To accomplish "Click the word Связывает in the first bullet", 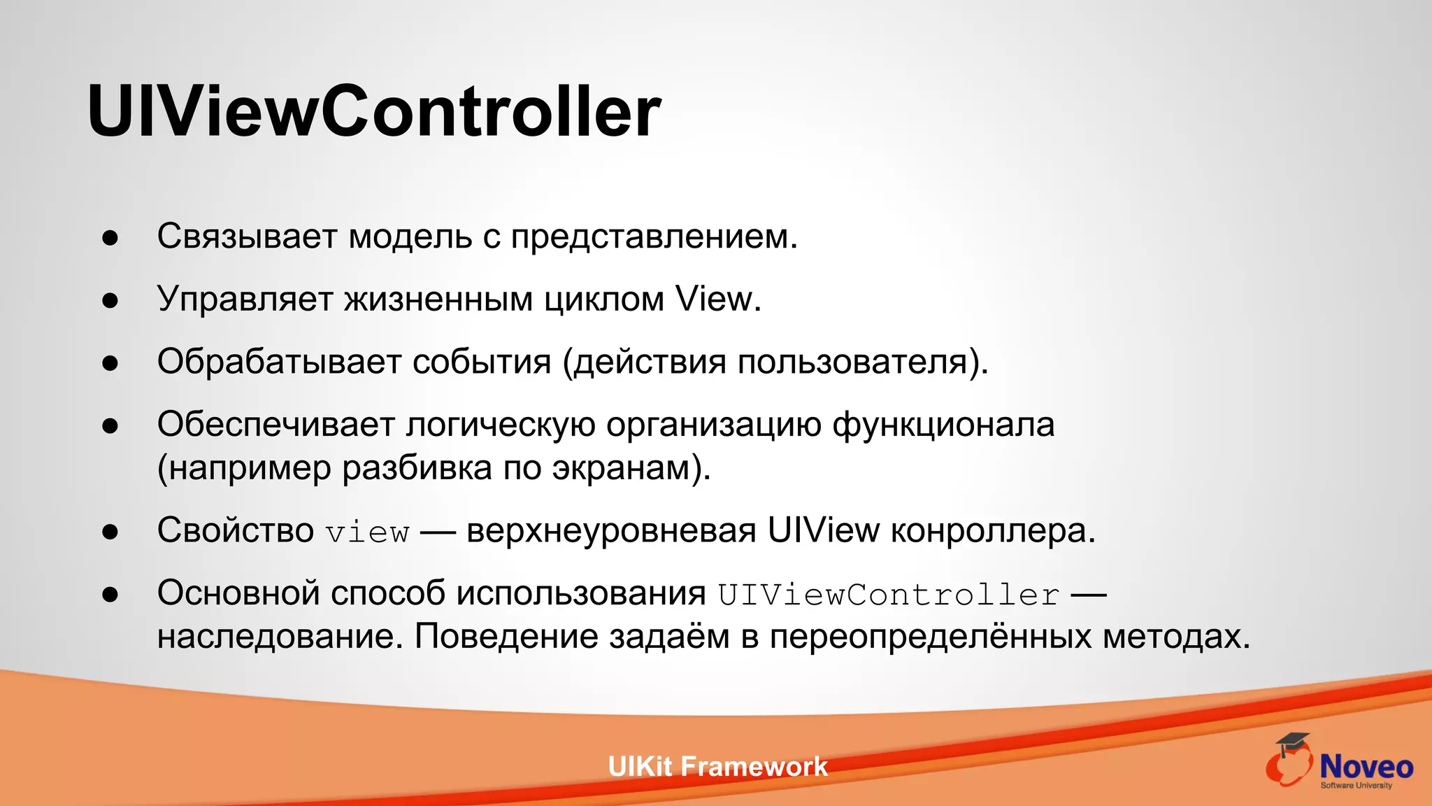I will click(247, 236).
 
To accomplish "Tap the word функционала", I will click(943, 425).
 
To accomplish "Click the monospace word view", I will click(368, 532).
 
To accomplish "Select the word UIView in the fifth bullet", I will click(823, 530).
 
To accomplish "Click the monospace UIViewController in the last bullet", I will click(888, 595).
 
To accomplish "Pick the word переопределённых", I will click(930, 637).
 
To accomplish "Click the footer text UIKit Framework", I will click(717, 767).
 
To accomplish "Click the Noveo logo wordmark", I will click(1366, 767).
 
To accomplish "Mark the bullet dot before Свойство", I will click(110, 532).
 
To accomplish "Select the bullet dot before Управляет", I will click(110, 301).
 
